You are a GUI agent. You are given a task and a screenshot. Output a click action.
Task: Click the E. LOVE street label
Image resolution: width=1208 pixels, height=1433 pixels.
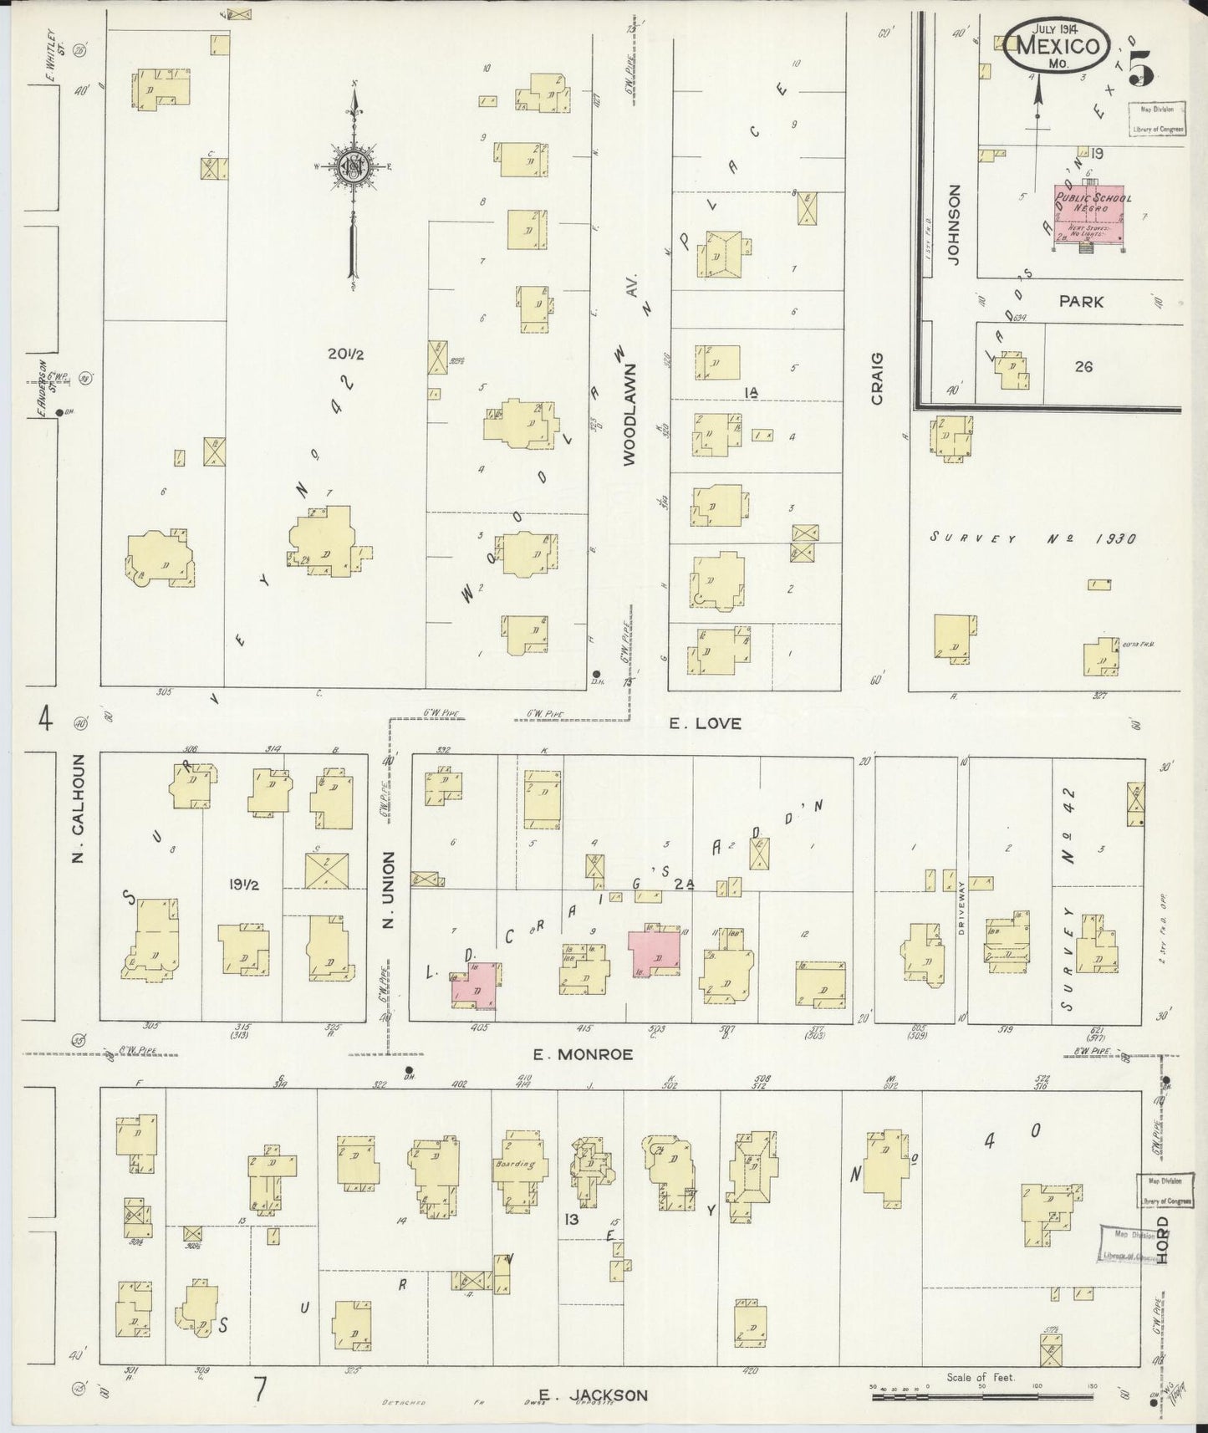pos(706,722)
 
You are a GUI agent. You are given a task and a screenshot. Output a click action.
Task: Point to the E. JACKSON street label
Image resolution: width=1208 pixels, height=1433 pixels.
pos(593,1395)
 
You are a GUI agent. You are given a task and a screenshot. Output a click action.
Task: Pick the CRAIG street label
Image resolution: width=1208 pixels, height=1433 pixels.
pos(877,379)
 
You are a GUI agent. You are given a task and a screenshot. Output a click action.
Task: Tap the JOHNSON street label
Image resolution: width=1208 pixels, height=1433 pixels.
pos(955,224)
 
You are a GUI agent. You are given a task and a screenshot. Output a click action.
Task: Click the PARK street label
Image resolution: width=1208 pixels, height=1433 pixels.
pos(1081,302)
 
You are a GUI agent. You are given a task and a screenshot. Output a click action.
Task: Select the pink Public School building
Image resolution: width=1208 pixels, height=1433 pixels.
pos(1088,212)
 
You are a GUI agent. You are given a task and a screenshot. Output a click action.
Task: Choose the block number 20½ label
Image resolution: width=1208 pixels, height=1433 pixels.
pos(345,354)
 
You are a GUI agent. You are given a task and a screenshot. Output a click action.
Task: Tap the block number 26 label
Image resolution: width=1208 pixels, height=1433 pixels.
pos(1083,366)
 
